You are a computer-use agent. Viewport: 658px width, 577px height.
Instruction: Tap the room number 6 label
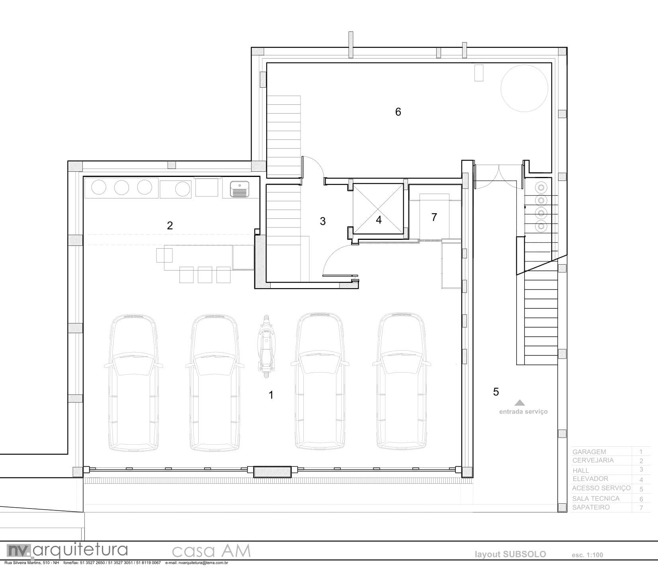coord(398,112)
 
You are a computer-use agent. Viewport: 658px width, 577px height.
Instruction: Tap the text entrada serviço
coord(523,412)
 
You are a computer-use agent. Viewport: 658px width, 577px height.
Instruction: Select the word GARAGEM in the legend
coord(589,452)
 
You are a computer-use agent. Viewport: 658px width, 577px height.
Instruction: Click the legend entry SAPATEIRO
coord(591,507)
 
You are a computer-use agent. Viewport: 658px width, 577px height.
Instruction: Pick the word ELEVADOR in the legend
coord(590,479)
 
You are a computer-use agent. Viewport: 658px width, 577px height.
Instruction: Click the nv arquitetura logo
coord(67,550)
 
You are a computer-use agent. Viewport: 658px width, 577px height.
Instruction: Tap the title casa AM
coord(211,551)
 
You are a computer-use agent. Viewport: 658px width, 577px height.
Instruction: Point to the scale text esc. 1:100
coord(587,555)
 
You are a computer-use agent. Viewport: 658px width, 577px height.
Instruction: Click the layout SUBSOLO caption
coord(510,554)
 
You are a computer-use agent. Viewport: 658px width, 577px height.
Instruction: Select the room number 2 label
coord(170,226)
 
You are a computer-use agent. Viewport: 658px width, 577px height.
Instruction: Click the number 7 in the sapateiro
coord(434,217)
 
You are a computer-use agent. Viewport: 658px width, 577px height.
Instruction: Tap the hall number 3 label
coord(323,221)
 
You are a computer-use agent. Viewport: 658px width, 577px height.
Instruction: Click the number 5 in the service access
coord(496,392)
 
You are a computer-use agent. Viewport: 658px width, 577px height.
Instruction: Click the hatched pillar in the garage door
coord(273,472)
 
